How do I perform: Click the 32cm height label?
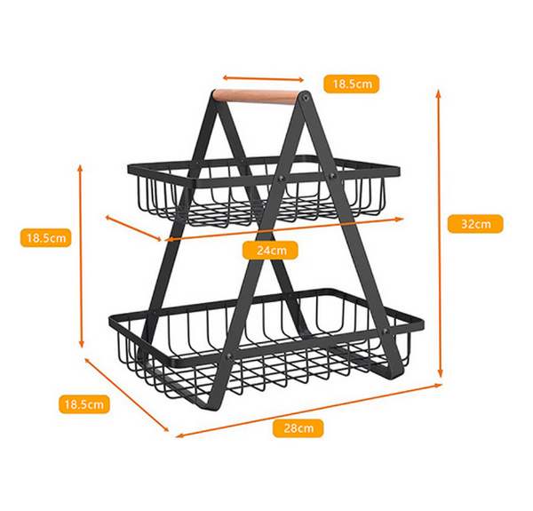click(x=475, y=224)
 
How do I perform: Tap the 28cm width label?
click(x=298, y=428)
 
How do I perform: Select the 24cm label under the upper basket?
click(x=270, y=251)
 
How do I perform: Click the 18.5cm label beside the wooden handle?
click(x=351, y=84)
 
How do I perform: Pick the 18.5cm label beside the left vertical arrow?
click(x=46, y=237)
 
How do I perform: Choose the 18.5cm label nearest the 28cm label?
click(x=84, y=404)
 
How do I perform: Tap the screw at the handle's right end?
click(x=305, y=98)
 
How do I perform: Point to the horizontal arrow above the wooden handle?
click(x=263, y=79)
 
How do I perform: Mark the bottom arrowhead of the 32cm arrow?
click(x=441, y=374)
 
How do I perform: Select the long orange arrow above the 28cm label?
click(x=308, y=411)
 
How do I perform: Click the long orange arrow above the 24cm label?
click(x=284, y=229)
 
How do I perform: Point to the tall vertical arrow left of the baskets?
click(x=81, y=256)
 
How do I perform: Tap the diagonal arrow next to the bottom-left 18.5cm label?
click(x=126, y=395)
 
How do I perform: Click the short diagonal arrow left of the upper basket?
click(x=133, y=228)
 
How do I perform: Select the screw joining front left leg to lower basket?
click(x=229, y=356)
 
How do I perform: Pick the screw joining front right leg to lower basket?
click(x=386, y=331)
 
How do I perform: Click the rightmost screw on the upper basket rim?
click(x=333, y=176)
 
